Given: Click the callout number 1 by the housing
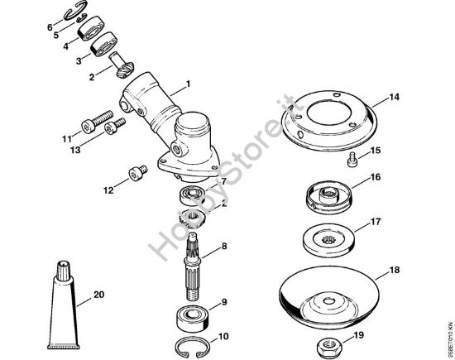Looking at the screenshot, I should [189, 84].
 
